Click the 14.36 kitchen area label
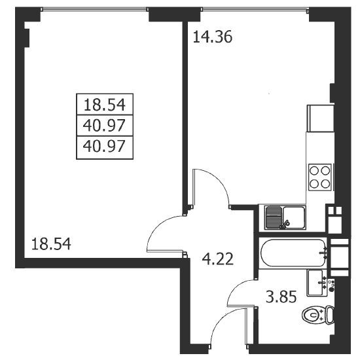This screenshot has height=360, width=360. (x=213, y=37)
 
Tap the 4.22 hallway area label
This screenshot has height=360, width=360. (x=218, y=259)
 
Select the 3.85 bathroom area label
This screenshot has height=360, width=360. (x=281, y=297)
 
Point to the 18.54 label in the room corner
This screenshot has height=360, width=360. (x=51, y=244)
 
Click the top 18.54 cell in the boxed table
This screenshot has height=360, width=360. (x=105, y=105)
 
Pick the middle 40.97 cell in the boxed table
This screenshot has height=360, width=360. (x=104, y=126)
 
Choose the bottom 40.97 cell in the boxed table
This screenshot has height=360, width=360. (x=104, y=147)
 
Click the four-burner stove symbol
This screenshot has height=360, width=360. (x=320, y=177)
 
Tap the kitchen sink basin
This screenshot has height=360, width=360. (x=294, y=217)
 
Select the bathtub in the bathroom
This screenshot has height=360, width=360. (x=293, y=253)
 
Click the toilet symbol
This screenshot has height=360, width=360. (x=318, y=314)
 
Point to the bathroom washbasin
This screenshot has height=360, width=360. (x=315, y=283)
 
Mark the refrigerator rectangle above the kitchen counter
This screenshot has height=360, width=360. (x=320, y=118)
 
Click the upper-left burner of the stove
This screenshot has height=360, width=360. (x=314, y=171)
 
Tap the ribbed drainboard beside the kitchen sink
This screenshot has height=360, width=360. (x=274, y=217)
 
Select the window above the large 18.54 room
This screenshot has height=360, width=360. (x=95, y=9)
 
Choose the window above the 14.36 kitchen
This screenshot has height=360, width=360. (x=255, y=9)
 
